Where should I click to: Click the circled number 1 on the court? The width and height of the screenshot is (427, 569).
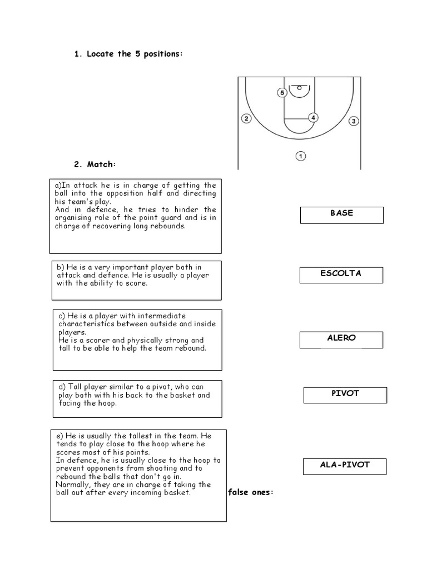[300, 156]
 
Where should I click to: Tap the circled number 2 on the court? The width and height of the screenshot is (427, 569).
[247, 118]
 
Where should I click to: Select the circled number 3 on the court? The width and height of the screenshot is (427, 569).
[354, 121]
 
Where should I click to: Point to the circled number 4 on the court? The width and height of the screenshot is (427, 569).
[314, 118]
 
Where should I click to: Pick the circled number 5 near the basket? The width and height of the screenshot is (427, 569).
[282, 93]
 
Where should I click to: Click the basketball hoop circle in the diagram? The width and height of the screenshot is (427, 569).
[300, 87]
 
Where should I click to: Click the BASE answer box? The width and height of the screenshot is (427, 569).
[341, 214]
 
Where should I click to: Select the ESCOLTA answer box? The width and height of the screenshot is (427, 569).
[341, 274]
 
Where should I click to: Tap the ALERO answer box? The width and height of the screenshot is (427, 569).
[341, 339]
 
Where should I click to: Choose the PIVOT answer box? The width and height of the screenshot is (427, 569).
[345, 395]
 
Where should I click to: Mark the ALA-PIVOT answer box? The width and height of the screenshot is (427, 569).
[345, 466]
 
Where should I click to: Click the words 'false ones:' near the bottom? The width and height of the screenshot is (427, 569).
[250, 493]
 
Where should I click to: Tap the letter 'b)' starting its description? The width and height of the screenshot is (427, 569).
[60, 267]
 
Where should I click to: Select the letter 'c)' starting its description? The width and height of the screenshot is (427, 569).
[62, 316]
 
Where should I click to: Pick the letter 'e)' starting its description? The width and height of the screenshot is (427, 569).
[59, 436]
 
